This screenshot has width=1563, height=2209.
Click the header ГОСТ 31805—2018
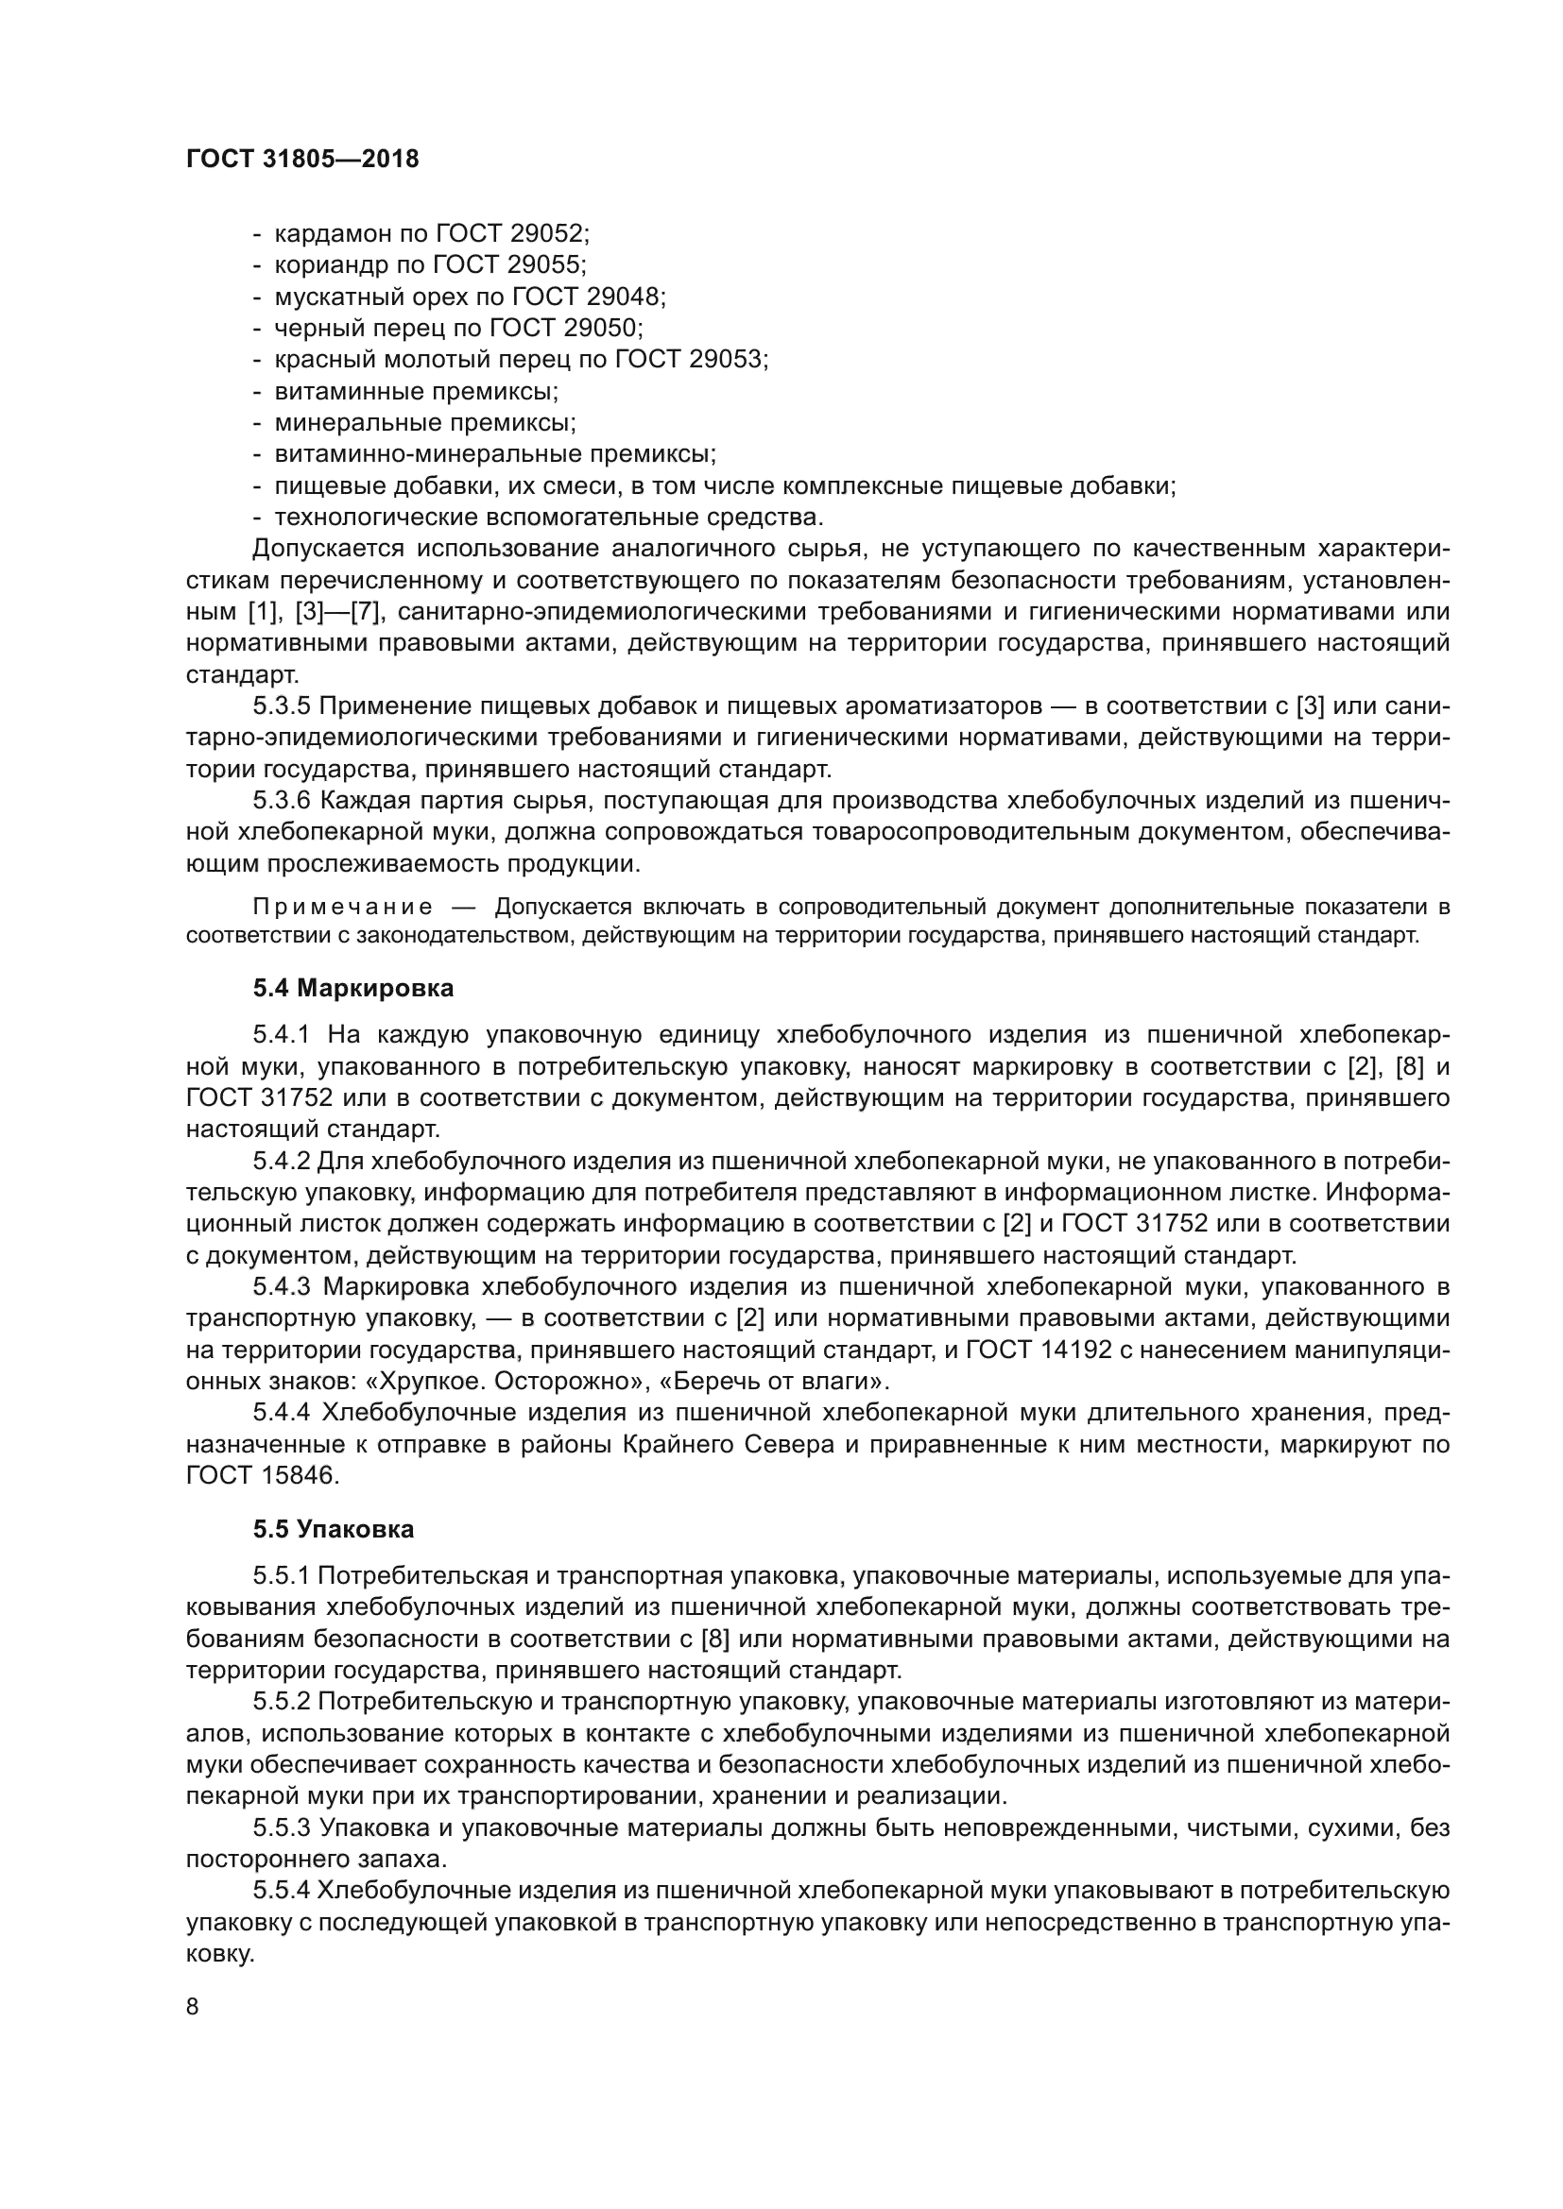302,160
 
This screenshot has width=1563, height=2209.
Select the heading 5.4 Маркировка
353,988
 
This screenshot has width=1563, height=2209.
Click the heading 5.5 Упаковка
333,1527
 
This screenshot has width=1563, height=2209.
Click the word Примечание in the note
342,908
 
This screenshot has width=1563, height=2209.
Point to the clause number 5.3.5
281,707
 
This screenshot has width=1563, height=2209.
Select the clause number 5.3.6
281,802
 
